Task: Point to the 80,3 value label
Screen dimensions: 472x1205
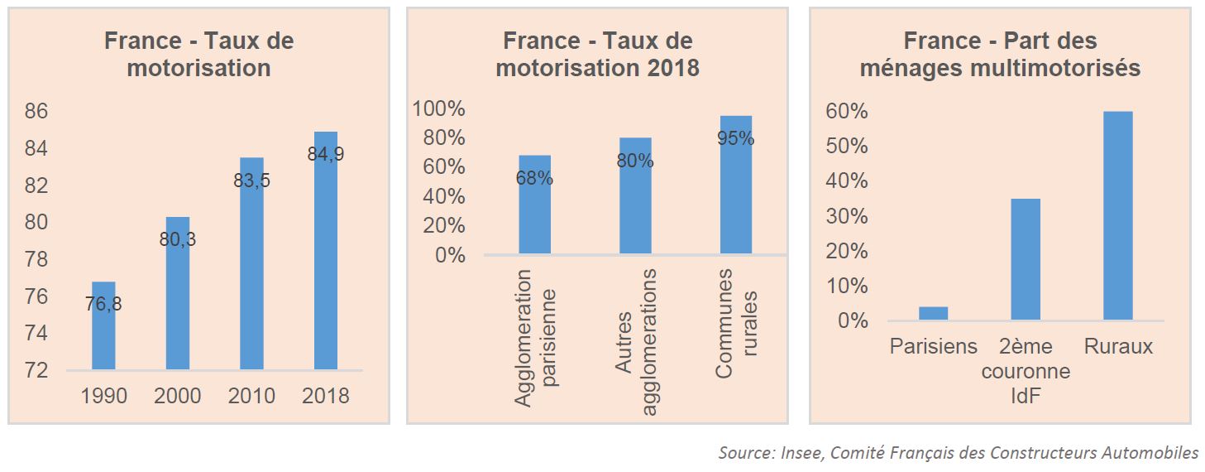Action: click(x=178, y=240)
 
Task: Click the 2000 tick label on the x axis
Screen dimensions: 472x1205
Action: click(x=178, y=396)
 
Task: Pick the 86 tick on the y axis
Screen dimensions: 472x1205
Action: click(x=36, y=112)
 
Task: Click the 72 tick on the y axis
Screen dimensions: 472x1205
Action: click(x=36, y=370)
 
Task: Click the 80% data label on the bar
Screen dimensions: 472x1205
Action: click(x=635, y=161)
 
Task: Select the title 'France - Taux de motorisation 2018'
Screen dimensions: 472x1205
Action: click(x=597, y=54)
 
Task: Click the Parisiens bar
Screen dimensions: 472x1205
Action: click(x=933, y=314)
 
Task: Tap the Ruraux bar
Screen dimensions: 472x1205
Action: click(x=1118, y=215)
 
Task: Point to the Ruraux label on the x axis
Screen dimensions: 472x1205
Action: click(x=1118, y=346)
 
